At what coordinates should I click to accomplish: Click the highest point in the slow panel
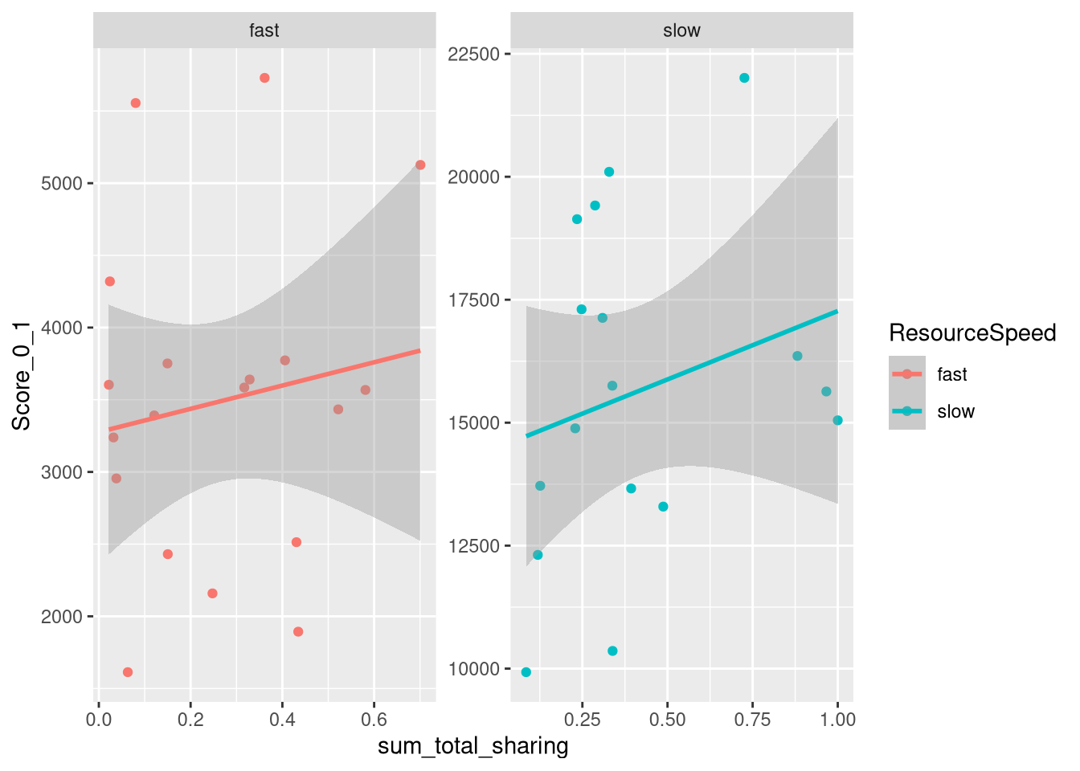point(744,78)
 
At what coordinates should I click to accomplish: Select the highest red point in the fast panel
point(264,78)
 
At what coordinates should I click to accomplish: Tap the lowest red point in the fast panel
point(128,672)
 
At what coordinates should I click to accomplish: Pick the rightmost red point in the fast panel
point(420,165)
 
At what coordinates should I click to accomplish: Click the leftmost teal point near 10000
point(526,672)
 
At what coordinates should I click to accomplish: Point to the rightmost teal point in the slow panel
point(837,420)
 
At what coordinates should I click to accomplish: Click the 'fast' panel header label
point(264,31)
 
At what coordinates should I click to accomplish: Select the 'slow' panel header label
point(681,31)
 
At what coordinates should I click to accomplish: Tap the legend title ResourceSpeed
point(972,332)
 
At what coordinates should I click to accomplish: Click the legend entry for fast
point(952,374)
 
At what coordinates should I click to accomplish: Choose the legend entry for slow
point(955,411)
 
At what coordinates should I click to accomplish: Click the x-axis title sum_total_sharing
point(473,746)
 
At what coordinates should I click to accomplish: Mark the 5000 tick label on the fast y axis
point(61,183)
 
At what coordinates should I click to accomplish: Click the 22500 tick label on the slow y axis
point(473,54)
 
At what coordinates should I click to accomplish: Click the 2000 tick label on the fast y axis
point(61,617)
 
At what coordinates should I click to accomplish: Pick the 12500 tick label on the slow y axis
point(473,546)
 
